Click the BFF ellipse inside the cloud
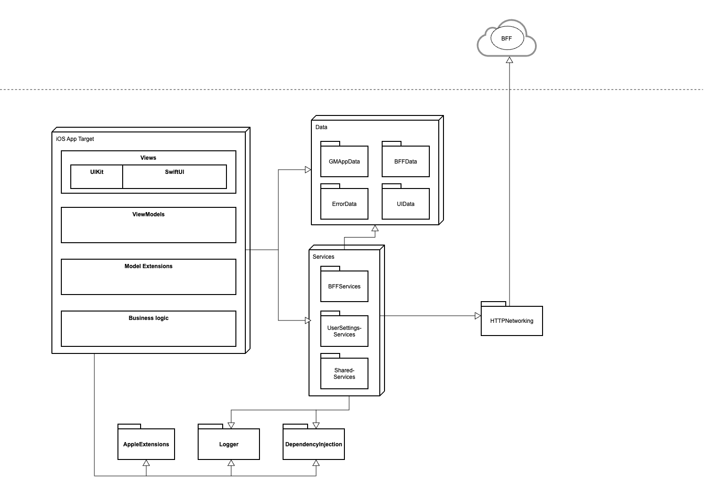[507, 39]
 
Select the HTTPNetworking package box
[511, 321]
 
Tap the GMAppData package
[344, 161]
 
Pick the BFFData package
[405, 161]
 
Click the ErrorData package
[344, 204]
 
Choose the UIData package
[405, 204]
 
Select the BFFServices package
[344, 286]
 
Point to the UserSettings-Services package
[344, 331]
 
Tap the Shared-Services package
[344, 373]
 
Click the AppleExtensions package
[146, 444]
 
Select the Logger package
[228, 444]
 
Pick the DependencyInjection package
[313, 444]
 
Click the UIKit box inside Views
[97, 177]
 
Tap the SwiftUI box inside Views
[175, 177]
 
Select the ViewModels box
[148, 225]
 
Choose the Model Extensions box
[148, 277]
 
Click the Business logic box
[148, 328]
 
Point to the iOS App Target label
[75, 139]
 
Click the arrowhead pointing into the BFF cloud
[509, 60]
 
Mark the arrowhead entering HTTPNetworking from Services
[477, 316]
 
